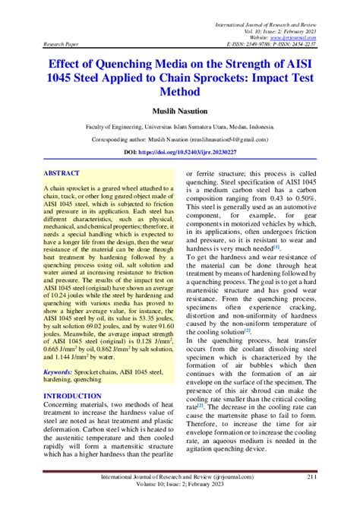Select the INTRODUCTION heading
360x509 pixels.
(x=74, y=396)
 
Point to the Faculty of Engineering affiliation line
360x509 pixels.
(x=179, y=128)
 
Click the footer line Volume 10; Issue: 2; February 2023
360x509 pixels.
(x=180, y=486)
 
